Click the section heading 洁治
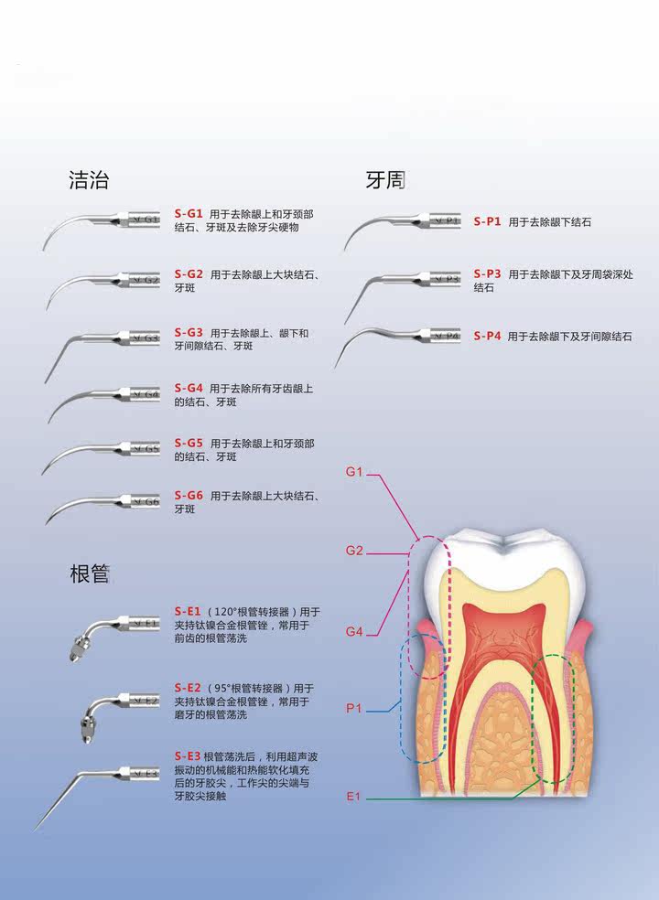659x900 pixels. point(89,180)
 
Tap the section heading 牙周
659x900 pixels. point(385,180)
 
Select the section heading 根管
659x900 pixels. point(90,574)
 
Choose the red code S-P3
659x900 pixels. point(487,273)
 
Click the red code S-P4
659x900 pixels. point(487,337)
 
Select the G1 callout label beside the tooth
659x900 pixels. point(355,472)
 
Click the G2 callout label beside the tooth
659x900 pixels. point(355,551)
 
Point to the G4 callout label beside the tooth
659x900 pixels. point(355,632)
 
